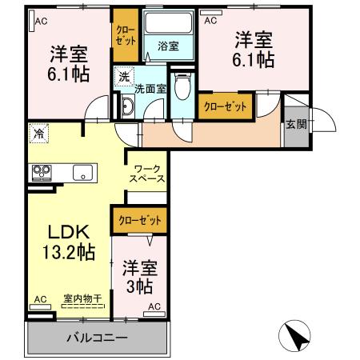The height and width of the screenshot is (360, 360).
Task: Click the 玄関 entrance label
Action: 296,124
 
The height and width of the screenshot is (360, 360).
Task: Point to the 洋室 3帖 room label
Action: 139,276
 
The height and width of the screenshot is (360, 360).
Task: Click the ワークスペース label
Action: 148,173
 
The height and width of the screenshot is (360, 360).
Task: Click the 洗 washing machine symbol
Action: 124,77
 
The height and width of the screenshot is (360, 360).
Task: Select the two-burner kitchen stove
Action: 41,171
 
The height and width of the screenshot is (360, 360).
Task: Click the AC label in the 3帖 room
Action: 154,306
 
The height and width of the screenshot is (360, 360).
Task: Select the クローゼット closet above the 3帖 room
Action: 139,219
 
